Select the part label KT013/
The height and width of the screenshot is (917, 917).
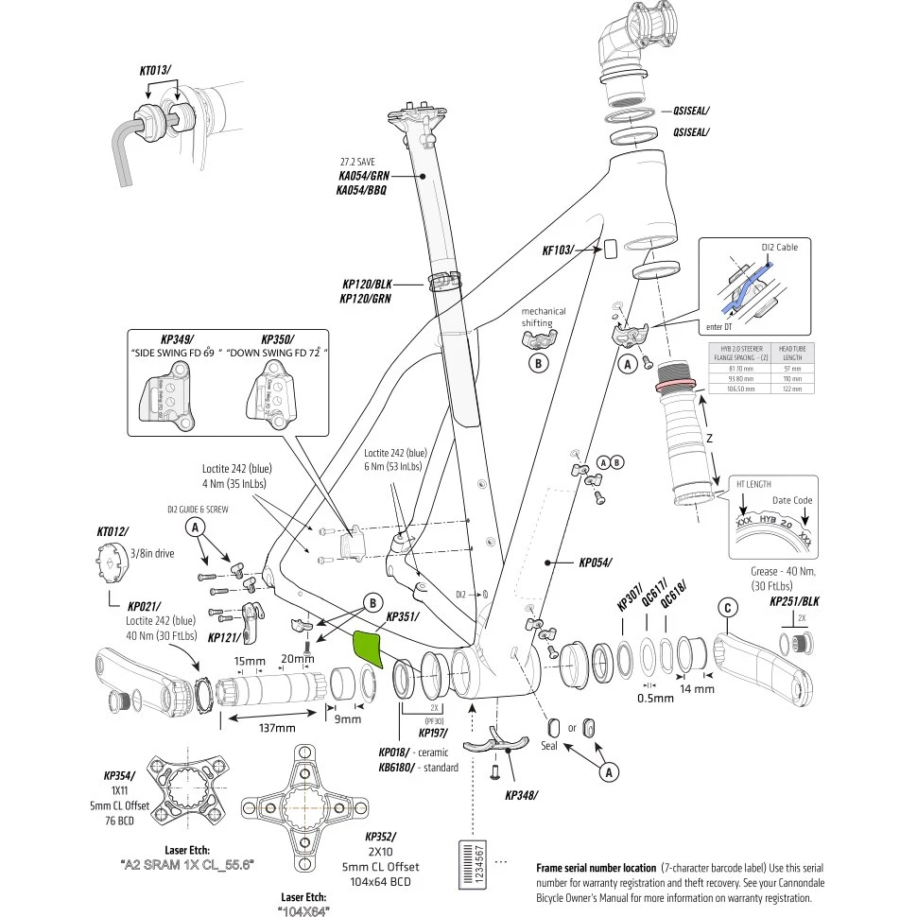pyautogui.click(x=156, y=70)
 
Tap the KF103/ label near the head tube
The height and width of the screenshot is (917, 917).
pyautogui.click(x=558, y=250)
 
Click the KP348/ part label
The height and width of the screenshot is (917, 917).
pyautogui.click(x=521, y=794)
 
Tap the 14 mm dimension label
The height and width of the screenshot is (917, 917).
pyautogui.click(x=698, y=688)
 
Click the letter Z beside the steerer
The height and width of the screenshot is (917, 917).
pyautogui.click(x=709, y=438)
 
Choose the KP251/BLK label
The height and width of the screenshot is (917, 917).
pyautogui.click(x=794, y=600)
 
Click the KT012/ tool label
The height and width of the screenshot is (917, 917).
pyautogui.click(x=112, y=531)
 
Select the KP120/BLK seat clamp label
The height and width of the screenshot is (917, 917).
pyautogui.click(x=367, y=283)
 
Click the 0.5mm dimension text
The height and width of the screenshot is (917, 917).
pyautogui.click(x=655, y=698)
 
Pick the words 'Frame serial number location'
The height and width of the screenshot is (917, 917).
pyautogui.click(x=596, y=867)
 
